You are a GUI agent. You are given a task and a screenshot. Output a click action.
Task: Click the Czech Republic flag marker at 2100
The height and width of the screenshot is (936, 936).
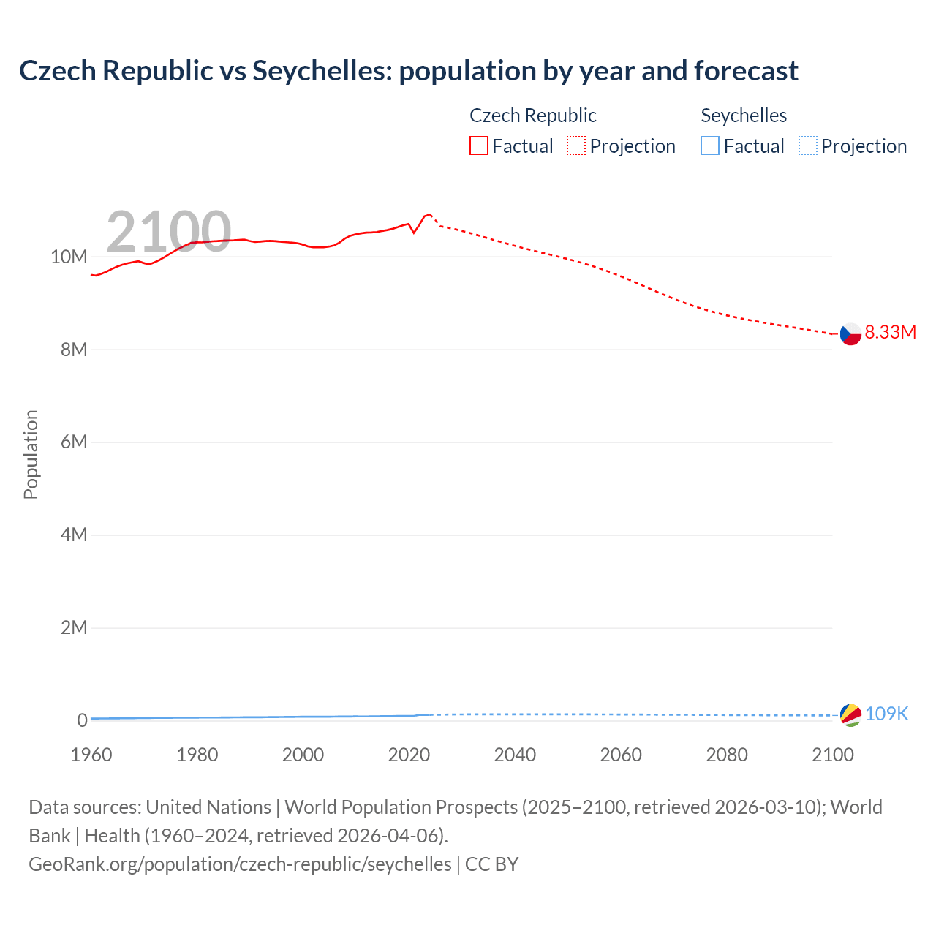(x=850, y=333)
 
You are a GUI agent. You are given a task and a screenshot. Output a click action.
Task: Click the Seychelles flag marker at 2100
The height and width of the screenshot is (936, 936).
(x=850, y=715)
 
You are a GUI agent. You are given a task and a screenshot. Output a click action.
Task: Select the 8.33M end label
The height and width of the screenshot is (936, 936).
(x=890, y=332)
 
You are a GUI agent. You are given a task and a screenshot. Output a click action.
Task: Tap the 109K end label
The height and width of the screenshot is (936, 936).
(x=886, y=714)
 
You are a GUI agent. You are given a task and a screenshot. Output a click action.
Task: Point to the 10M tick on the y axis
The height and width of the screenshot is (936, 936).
(x=69, y=257)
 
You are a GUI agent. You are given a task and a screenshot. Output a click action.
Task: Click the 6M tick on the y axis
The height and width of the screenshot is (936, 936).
(x=73, y=442)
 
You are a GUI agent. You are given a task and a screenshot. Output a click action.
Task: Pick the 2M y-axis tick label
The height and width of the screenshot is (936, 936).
(x=73, y=628)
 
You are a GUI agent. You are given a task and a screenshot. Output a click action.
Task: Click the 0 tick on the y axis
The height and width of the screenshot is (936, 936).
(x=82, y=720)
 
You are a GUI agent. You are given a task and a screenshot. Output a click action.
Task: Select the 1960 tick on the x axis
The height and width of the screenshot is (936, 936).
(x=91, y=755)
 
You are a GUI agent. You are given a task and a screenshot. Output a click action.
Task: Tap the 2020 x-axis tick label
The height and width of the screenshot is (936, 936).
(x=409, y=755)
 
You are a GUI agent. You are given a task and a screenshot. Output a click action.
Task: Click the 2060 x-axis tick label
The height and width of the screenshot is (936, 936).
(x=621, y=755)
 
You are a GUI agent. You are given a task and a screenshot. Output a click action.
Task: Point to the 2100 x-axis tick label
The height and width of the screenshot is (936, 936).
(x=832, y=755)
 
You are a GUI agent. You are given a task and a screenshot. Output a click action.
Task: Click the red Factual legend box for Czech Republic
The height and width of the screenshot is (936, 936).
(x=479, y=146)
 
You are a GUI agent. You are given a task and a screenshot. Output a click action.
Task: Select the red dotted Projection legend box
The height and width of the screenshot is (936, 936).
(x=576, y=146)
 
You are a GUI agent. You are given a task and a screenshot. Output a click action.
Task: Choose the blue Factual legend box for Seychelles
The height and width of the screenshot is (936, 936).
(x=710, y=146)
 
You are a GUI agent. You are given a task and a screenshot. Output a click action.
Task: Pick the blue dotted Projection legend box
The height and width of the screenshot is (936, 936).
(x=808, y=146)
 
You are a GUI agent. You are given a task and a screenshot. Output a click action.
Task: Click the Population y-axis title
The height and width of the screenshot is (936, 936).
(x=31, y=454)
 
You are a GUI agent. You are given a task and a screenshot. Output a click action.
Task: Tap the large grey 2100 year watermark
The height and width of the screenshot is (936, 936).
(x=169, y=232)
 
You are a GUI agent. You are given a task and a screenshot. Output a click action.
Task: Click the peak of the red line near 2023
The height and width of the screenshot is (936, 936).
(x=429, y=214)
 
